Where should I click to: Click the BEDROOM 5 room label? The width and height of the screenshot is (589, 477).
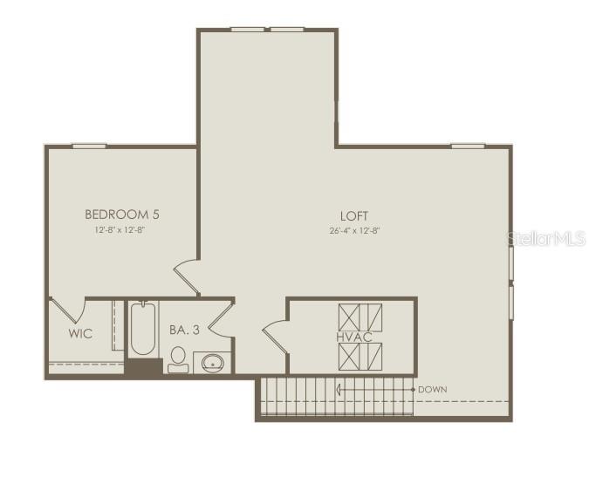pyautogui.click(x=121, y=214)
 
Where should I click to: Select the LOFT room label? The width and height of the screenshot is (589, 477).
pyautogui.click(x=354, y=216)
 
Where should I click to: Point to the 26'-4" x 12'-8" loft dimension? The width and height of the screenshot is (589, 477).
pyautogui.click(x=354, y=231)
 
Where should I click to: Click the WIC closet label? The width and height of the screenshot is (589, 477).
pyautogui.click(x=80, y=334)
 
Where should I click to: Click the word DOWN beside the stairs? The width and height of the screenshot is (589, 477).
pyautogui.click(x=434, y=389)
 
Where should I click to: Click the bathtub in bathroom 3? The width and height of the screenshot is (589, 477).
pyautogui.click(x=142, y=329)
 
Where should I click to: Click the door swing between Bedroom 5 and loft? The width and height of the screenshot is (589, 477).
pyautogui.click(x=188, y=277)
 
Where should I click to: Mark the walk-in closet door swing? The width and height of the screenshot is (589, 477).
pyautogui.click(x=67, y=311)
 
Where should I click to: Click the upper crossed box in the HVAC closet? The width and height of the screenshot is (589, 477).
pyautogui.click(x=360, y=315)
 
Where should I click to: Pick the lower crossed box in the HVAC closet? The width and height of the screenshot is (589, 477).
pyautogui.click(x=360, y=356)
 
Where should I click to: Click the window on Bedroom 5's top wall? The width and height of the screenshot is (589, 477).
pyautogui.click(x=89, y=146)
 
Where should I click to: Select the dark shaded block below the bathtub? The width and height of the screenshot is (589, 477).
pyautogui.click(x=142, y=367)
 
